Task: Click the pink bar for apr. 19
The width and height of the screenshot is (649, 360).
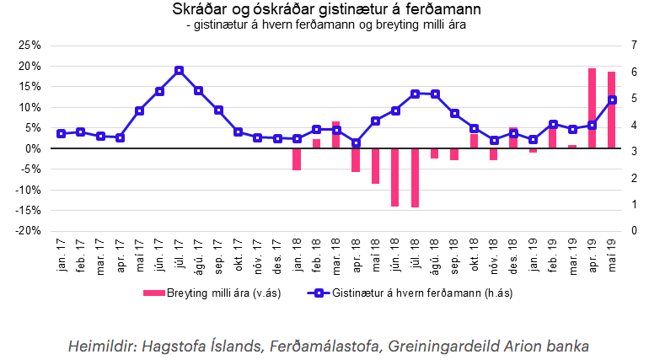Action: click(592, 108)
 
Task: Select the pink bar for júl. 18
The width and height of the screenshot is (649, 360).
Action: click(415, 178)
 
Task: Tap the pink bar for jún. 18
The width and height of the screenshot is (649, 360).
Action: click(394, 177)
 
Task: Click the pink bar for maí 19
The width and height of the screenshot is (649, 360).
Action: click(611, 110)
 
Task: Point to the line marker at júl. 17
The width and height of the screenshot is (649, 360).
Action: click(179, 70)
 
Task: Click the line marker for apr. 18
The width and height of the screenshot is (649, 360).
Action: click(356, 143)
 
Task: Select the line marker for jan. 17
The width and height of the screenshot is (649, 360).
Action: click(61, 133)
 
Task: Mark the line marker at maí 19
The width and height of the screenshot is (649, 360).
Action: click(612, 99)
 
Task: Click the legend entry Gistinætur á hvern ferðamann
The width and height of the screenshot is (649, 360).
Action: click(416, 293)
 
